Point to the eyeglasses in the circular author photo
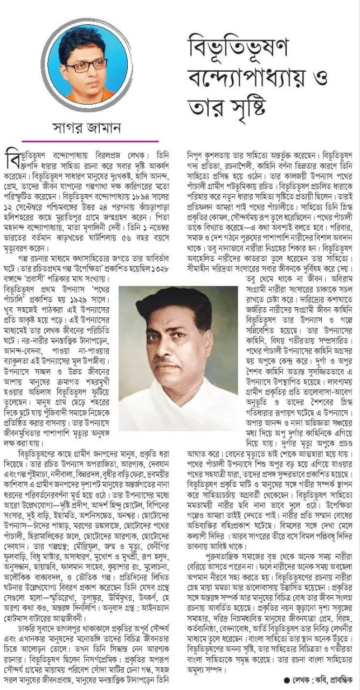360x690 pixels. pyautogui.click(x=86, y=66)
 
